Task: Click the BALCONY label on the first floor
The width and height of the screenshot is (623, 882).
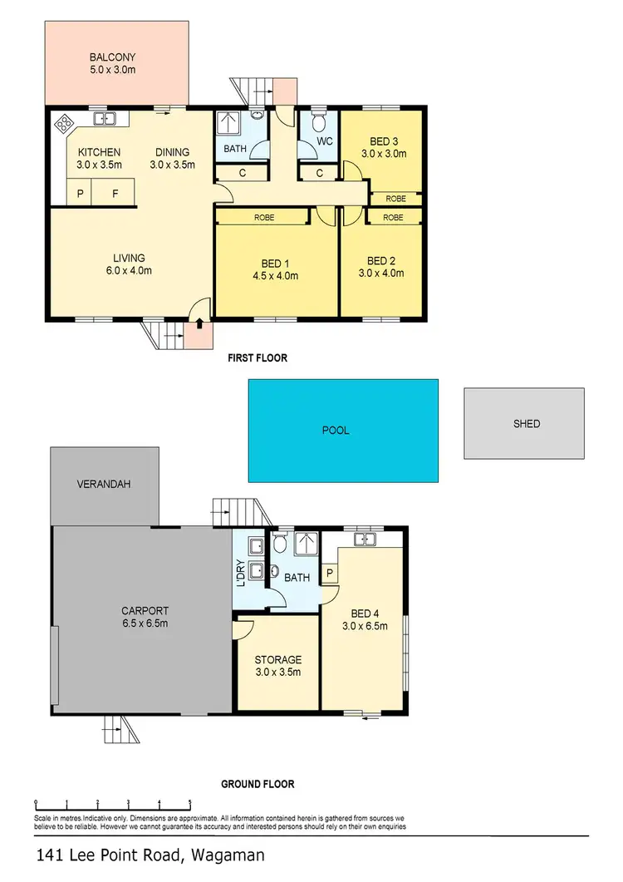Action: point(112,57)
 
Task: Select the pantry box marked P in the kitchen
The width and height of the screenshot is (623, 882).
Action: point(81,193)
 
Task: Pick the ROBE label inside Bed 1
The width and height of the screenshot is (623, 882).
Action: point(262,217)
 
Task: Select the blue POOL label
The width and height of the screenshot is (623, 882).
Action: point(336,431)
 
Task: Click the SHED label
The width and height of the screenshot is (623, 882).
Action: point(527,424)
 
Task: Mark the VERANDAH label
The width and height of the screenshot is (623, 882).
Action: point(105,484)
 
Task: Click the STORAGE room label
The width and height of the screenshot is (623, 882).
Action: point(277,660)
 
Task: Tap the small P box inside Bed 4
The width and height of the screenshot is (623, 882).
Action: point(330,573)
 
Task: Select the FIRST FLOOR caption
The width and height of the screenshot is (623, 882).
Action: point(258,358)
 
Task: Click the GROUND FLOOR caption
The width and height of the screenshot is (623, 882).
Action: point(258,784)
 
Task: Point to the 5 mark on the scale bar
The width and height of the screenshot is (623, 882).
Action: point(190,803)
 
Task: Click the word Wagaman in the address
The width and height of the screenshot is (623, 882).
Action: point(228,855)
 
